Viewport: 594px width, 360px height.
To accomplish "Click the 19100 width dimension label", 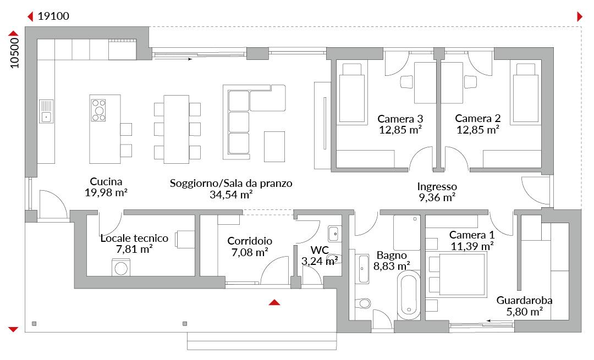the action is [53, 16].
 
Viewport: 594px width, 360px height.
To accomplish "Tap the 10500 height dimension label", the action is [14, 53].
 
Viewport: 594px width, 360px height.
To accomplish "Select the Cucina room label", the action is [106, 182].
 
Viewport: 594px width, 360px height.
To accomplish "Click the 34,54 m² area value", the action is [231, 195].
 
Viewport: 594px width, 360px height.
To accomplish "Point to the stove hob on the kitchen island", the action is [98, 110].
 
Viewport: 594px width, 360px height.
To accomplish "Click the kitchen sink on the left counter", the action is [46, 111].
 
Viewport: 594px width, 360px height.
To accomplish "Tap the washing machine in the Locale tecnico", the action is [121, 268].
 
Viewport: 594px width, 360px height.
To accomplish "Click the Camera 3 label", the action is [400, 119].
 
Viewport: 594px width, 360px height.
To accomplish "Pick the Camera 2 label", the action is [478, 119].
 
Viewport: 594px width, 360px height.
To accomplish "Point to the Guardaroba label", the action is [524, 301].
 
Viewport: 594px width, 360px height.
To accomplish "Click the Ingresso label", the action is [437, 186].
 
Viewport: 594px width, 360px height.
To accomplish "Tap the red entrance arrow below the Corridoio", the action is [274, 302].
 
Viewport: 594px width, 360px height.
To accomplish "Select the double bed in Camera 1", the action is [457, 274].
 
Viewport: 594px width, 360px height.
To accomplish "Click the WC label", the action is [320, 250].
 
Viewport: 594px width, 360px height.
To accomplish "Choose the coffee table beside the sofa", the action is [274, 147].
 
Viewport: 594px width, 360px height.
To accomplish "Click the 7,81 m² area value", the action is [135, 250].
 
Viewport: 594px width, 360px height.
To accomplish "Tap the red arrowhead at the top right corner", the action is [580, 16].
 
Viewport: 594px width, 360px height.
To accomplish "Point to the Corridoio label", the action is [250, 241].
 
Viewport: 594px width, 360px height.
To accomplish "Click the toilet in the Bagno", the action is [363, 303].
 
